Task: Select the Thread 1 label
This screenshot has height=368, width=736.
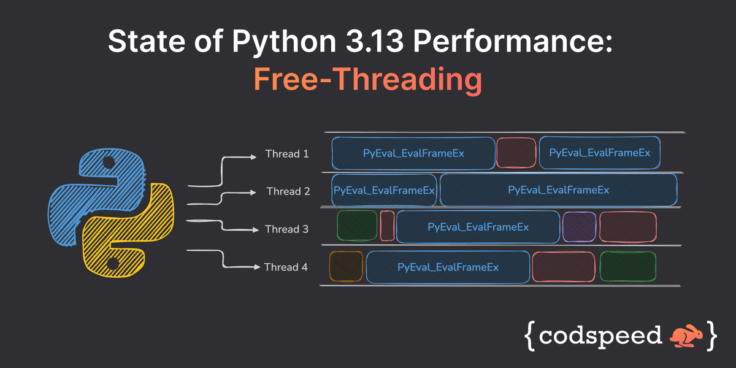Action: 286,154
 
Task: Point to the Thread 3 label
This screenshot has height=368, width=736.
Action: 286,229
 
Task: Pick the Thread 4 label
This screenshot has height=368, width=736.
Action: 286,267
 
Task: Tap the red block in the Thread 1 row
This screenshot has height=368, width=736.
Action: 516,153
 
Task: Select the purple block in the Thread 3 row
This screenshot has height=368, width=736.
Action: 579,226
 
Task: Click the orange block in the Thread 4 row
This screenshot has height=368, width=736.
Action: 346,267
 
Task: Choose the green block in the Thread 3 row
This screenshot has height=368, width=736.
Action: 357,226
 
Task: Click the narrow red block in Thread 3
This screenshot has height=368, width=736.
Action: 387,226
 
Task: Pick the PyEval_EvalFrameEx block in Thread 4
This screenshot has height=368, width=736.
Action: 448,267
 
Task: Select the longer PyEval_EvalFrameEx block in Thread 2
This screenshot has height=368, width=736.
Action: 558,190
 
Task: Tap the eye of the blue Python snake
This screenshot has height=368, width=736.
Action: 108,164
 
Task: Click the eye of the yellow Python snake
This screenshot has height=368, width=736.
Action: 112,264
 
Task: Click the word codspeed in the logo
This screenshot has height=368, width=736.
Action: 602,335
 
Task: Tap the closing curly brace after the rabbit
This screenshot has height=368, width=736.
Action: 710,335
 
